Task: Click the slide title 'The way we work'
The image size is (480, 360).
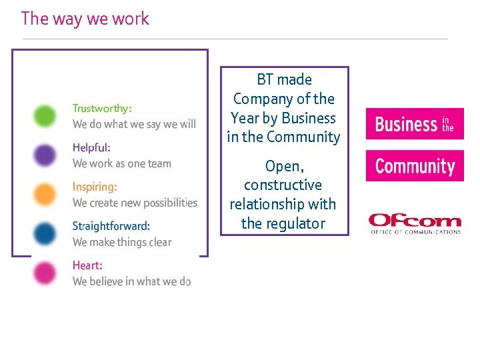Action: (85, 19)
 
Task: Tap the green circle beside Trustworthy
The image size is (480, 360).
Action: (46, 115)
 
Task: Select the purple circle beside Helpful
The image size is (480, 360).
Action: (46, 155)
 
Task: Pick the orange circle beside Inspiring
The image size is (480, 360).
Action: (46, 194)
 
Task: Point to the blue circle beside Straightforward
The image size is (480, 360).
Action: (46, 233)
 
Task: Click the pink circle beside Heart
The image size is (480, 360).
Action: (46, 273)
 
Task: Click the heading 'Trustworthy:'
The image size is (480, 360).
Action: (102, 108)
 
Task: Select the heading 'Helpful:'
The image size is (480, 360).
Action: (91, 147)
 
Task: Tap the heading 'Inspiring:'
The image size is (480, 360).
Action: (95, 187)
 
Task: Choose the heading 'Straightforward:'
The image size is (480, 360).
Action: (111, 226)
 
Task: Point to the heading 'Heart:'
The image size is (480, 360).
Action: (87, 265)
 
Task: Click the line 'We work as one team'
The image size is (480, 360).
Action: (122, 163)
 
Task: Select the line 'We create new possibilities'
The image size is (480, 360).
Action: (135, 203)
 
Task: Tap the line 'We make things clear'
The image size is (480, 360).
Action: (122, 242)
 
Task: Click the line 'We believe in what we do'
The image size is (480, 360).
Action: (132, 281)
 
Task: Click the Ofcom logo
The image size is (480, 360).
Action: (415, 223)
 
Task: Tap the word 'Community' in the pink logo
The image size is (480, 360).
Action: (415, 166)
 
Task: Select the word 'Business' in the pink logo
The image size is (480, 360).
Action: (405, 124)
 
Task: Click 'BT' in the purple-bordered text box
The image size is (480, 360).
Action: (265, 80)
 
